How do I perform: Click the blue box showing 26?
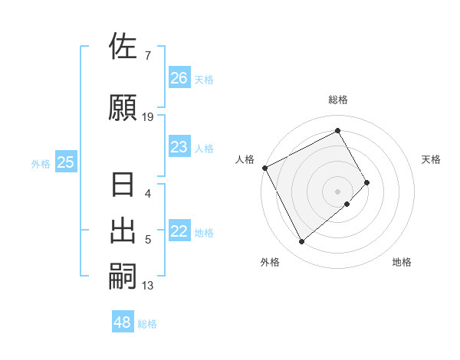179,78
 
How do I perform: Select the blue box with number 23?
179,147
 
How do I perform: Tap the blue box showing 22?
179,232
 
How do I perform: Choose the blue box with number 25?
65,162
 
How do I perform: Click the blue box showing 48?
123,322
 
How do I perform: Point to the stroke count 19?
148,117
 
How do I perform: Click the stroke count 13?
148,286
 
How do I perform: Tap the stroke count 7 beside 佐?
147,56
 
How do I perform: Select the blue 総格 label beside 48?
147,324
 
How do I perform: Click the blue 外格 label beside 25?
41,163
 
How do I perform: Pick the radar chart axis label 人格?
245,159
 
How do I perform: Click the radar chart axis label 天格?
432,159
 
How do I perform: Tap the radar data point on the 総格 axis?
337,130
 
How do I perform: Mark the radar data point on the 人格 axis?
264,168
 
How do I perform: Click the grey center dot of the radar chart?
337,190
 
